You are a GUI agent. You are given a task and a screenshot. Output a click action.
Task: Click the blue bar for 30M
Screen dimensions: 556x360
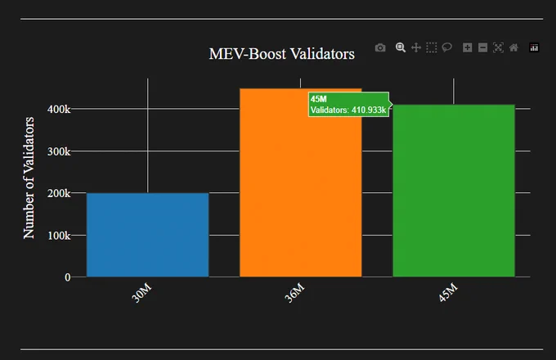[147, 235]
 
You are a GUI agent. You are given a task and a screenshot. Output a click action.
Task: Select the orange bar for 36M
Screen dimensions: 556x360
[301, 182]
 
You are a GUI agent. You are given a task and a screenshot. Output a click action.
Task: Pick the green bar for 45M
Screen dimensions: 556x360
[454, 191]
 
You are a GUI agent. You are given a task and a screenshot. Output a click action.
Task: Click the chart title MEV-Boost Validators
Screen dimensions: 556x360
[281, 54]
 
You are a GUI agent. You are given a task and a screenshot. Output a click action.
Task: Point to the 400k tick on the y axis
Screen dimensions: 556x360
[59, 109]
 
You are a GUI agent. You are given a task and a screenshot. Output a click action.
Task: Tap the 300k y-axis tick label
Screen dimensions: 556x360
[59, 151]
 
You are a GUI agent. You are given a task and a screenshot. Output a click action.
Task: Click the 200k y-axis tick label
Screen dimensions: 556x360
[59, 193]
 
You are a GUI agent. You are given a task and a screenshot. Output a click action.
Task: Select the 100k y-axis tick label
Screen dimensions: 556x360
[59, 235]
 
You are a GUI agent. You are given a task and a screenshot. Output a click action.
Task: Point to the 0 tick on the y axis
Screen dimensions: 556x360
[67, 277]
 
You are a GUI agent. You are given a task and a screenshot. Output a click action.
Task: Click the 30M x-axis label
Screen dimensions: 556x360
[141, 293]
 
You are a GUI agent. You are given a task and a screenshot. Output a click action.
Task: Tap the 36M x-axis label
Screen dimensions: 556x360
[294, 293]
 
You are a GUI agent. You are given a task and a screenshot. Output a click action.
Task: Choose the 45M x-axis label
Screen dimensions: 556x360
[448, 293]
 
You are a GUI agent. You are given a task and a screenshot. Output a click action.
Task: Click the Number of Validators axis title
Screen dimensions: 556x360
[29, 178]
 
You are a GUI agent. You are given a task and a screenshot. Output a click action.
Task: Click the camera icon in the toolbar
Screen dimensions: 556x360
[380, 47]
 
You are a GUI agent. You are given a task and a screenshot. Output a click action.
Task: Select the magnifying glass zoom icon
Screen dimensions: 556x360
[401, 47]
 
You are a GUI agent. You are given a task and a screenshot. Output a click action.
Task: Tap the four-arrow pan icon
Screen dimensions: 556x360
[416, 47]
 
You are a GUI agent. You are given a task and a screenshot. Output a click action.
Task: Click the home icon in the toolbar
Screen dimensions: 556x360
[513, 47]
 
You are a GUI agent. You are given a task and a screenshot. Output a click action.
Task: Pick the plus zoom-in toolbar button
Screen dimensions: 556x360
[468, 47]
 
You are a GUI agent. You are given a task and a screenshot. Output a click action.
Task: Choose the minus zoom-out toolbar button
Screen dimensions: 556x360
[482, 47]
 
